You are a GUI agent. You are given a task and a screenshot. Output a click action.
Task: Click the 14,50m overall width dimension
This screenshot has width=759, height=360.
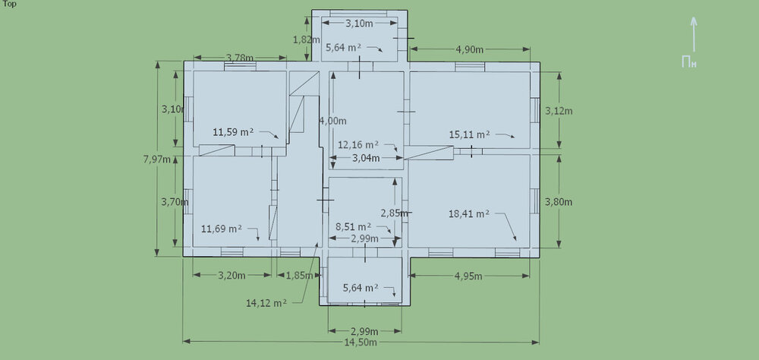coord(361,342)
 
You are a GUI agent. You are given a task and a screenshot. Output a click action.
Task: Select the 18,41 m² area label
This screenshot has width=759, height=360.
coord(468,213)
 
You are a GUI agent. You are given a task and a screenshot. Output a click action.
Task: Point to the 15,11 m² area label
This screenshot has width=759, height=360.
coord(469,134)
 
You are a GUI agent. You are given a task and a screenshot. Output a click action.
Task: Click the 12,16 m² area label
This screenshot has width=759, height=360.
coord(358,144)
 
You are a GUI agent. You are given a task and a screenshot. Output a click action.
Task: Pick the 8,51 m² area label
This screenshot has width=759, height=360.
coord(354,226)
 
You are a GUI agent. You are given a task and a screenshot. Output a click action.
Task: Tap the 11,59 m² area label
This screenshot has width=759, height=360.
coord(233,131)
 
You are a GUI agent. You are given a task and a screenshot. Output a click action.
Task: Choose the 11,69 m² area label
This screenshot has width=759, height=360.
coord(222,229)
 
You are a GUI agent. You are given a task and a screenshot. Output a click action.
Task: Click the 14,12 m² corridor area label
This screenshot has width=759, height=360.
coord(266,303)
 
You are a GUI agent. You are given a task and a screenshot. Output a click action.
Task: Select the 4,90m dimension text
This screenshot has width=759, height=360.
coord(470,49)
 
